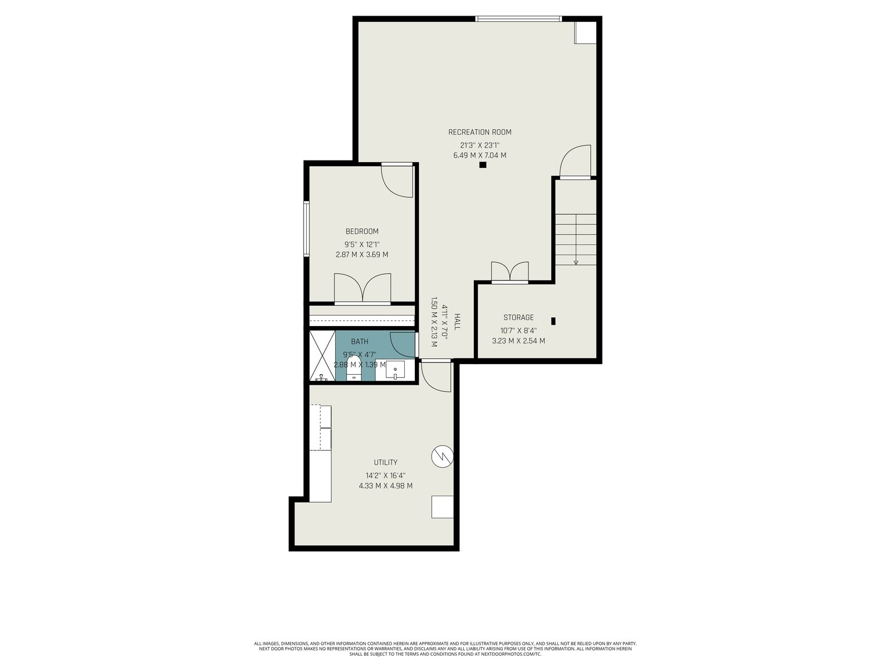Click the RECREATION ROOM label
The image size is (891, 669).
click(479, 132)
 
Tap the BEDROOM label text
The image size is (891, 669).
click(361, 231)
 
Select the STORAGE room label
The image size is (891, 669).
click(518, 317)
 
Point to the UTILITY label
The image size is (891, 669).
click(385, 462)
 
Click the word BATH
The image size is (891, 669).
click(360, 342)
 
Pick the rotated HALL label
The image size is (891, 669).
click(457, 321)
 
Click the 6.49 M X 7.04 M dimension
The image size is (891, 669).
click(479, 155)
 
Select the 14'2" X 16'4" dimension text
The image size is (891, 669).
click(385, 475)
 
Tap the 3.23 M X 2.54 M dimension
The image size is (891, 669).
click(518, 341)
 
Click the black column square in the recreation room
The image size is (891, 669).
click(483, 164)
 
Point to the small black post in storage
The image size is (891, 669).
click(553, 321)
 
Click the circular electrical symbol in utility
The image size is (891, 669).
click(442, 457)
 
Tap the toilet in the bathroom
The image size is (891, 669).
click(354, 369)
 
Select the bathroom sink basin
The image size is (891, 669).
click(395, 370)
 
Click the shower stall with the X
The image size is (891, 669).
click(322, 356)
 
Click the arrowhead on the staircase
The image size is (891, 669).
click(576, 263)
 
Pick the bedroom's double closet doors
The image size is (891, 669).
click(363, 289)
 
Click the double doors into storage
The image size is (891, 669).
click(510, 272)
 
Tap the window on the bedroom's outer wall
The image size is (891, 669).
click(306, 229)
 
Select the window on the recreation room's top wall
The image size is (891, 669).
click(518, 18)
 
